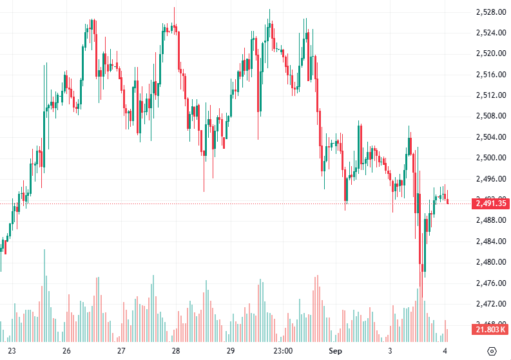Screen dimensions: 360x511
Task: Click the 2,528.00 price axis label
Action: pos(490,12)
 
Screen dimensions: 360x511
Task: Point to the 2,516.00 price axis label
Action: pos(490,75)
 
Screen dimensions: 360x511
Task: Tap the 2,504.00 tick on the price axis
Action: pos(490,137)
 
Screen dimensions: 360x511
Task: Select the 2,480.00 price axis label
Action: pos(490,262)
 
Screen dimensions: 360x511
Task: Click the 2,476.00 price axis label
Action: pos(490,283)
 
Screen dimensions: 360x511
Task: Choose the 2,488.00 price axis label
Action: pos(490,220)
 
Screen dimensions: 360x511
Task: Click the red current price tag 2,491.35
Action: pos(490,204)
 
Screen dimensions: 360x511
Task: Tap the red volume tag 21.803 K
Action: pos(490,330)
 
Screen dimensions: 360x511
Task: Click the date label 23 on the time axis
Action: pos(11,351)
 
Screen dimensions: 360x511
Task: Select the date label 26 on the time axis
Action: pos(66,351)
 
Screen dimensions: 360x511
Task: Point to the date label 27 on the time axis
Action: pos(121,351)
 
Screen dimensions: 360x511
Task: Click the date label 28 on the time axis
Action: pos(176,351)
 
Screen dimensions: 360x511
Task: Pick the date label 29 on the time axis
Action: pos(231,351)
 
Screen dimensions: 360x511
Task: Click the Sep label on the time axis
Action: pos(334,351)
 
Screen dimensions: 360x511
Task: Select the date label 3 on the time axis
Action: pos(390,351)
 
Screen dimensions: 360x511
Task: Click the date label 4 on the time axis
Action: pos(445,351)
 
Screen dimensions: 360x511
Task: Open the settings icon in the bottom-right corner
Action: pos(492,351)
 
